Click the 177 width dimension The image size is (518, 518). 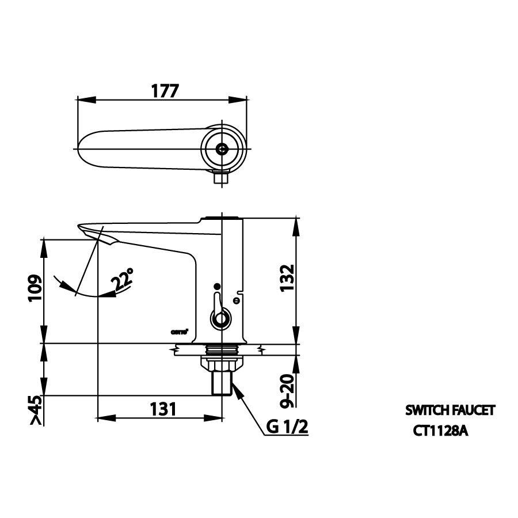click(x=165, y=91)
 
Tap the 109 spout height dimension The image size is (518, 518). click(x=35, y=290)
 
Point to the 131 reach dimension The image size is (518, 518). click(x=162, y=409)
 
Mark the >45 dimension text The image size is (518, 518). click(x=35, y=410)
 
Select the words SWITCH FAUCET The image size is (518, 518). click(x=450, y=410)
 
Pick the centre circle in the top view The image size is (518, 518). click(x=222, y=148)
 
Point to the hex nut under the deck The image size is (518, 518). click(x=221, y=364)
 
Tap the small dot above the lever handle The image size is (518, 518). click(x=217, y=286)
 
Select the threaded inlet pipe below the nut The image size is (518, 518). click(x=222, y=383)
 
